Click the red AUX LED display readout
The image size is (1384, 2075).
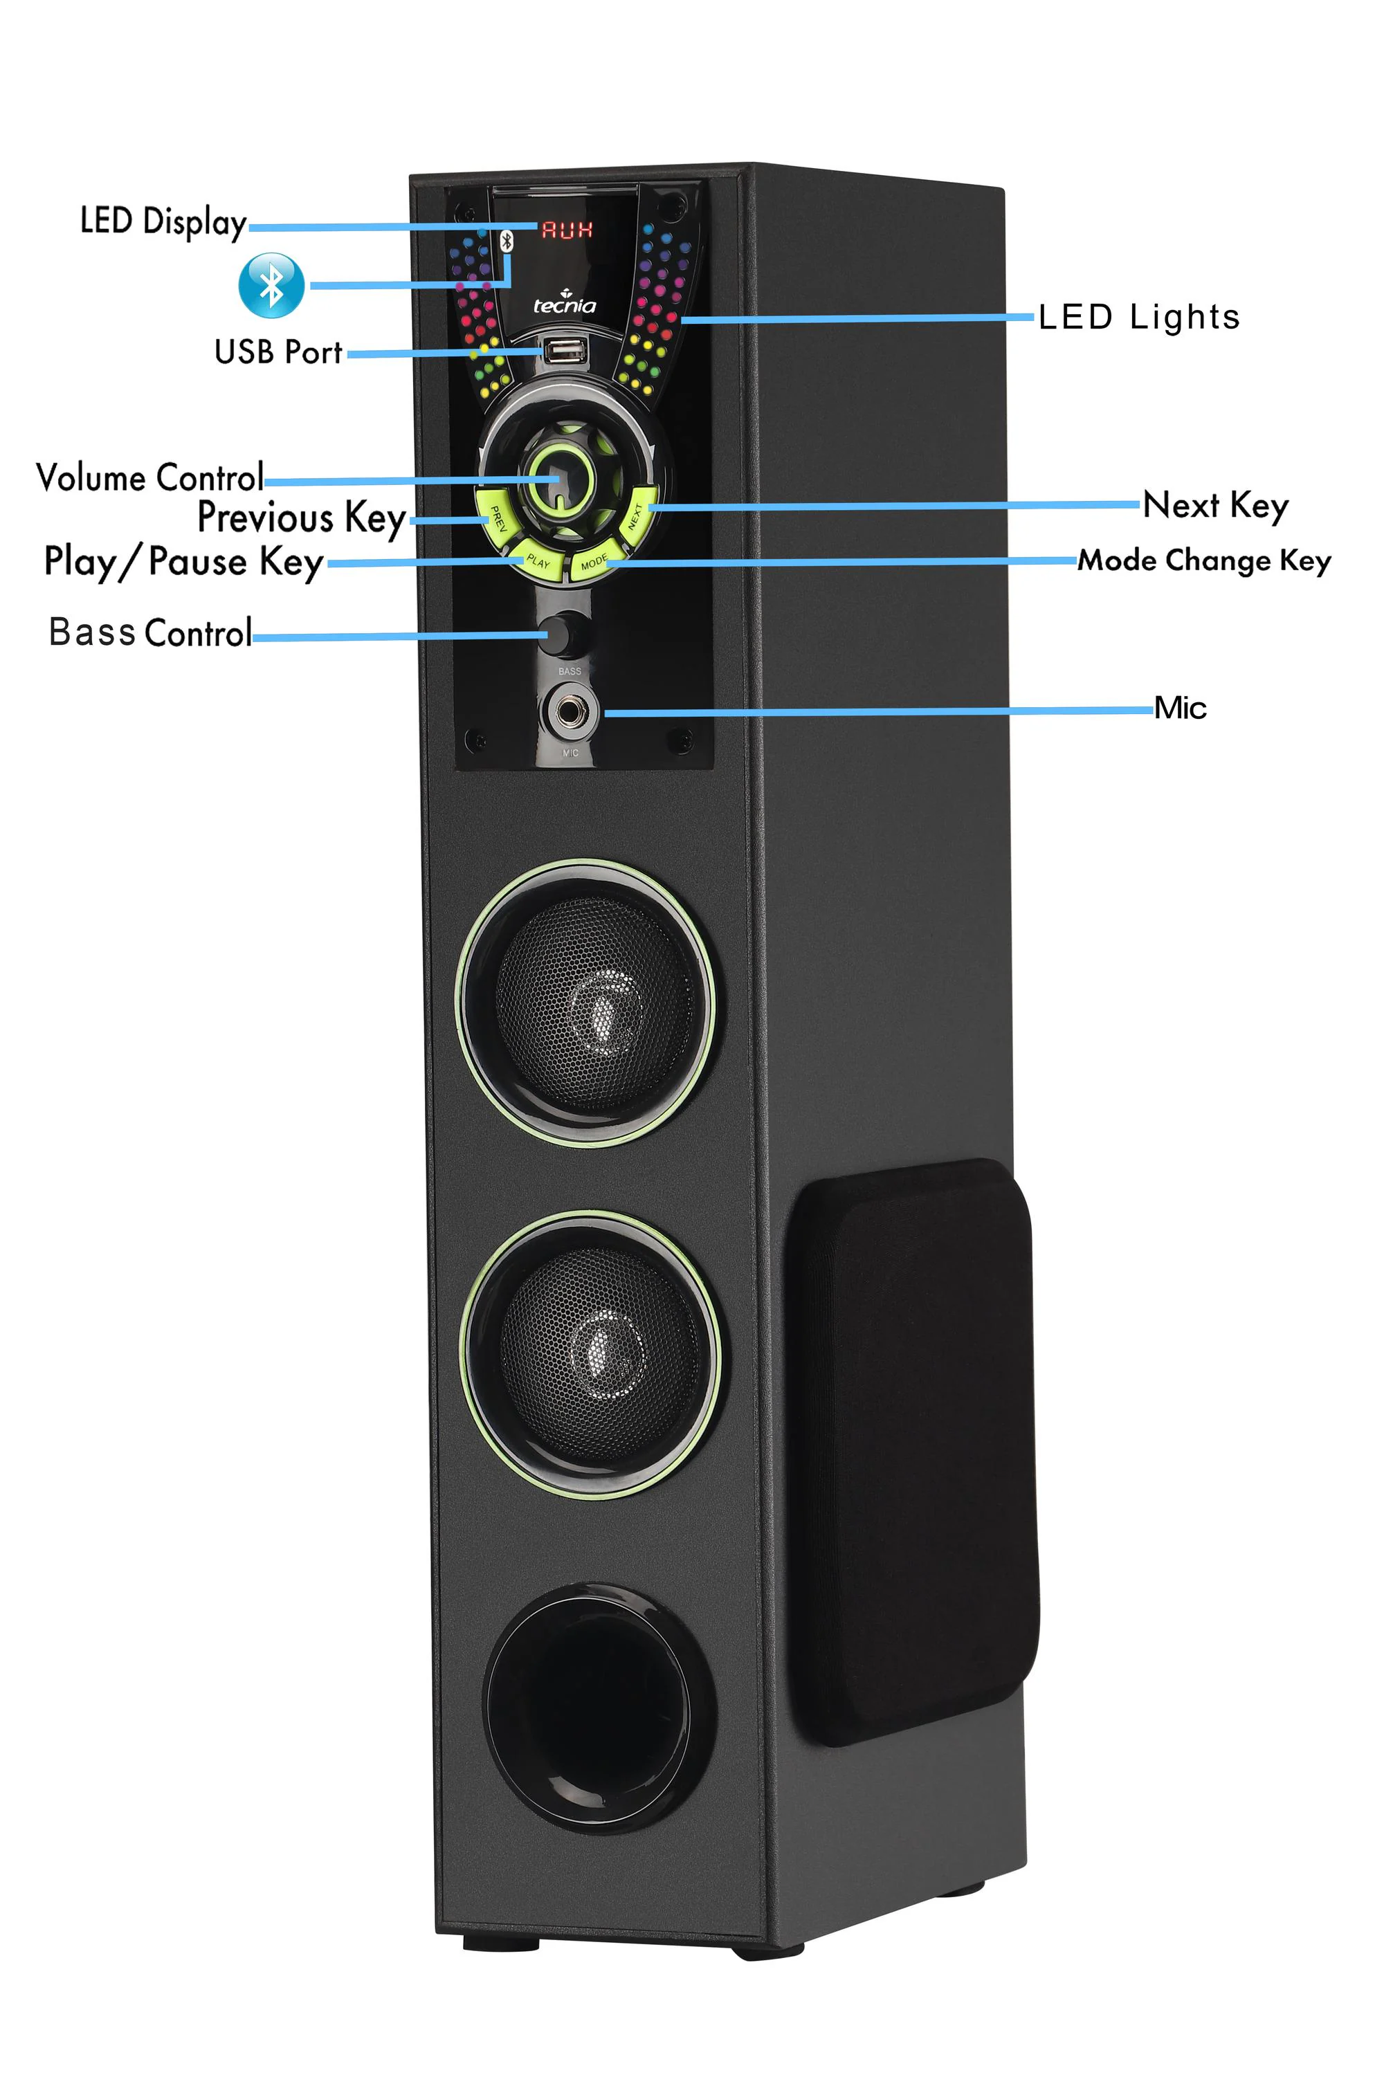(566, 230)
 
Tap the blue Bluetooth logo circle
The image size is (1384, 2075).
(272, 285)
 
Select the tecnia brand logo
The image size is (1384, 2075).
(564, 304)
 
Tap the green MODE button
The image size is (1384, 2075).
(596, 561)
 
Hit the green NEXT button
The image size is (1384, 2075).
(637, 516)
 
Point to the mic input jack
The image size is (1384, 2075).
(570, 711)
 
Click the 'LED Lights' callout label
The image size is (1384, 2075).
(1138, 317)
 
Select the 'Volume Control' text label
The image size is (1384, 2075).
(150, 477)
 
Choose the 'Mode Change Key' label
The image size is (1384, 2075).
(1204, 560)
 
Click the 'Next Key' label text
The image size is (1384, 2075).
(1215, 506)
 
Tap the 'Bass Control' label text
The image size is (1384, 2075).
(150, 633)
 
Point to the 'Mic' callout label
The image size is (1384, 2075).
(1180, 708)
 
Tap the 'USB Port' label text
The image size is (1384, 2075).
(278, 352)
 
